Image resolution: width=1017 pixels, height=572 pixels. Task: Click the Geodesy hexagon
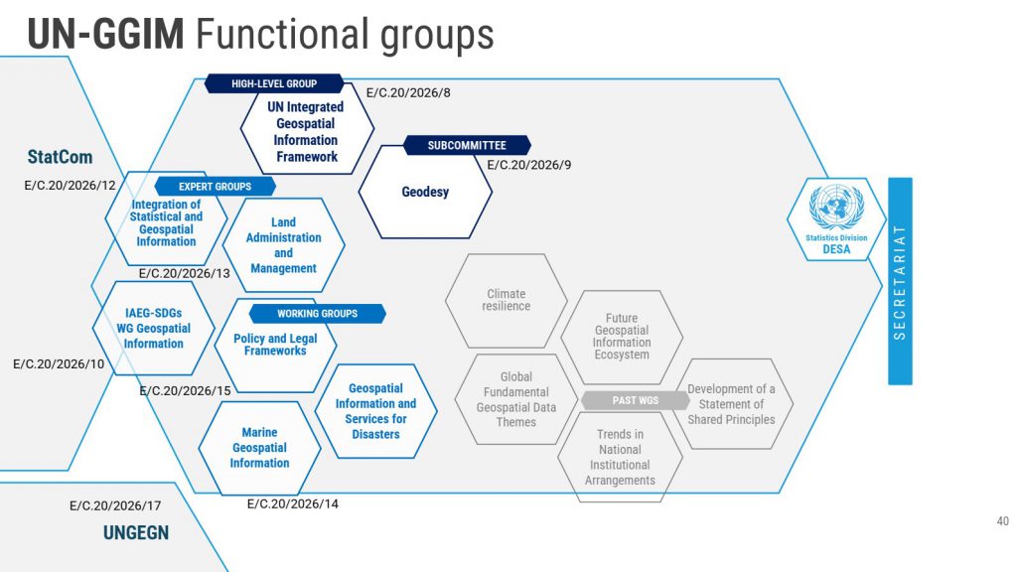coord(425,192)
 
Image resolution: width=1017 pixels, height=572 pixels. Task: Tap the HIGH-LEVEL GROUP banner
coord(274,84)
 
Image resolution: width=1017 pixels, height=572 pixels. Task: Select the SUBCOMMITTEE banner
coord(467,146)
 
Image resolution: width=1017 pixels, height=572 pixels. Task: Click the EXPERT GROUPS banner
coord(215,186)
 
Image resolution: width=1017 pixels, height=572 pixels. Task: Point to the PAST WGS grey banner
coord(636,400)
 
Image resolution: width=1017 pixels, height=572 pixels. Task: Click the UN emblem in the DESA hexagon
coord(835,208)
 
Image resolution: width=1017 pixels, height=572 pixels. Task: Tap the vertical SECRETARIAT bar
coord(900,282)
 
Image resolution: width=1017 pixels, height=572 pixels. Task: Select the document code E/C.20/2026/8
coord(408,93)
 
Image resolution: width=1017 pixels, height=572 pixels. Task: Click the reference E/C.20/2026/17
coord(115,505)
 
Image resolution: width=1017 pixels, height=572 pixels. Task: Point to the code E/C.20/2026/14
coord(293,503)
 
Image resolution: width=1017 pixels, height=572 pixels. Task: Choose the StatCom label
coord(60,157)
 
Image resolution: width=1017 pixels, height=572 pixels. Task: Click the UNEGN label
coord(136,533)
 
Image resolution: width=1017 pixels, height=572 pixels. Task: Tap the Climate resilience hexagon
coord(507,300)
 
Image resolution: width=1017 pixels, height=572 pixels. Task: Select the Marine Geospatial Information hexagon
coord(259,448)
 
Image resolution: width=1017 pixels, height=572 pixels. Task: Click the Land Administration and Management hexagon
coord(284,245)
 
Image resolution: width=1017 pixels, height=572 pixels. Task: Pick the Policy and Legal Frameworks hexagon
coord(275,345)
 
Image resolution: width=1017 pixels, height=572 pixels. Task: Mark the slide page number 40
coord(1001,522)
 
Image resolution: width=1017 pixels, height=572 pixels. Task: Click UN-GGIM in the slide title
coord(105,35)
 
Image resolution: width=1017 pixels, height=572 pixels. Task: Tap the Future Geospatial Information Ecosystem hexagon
coord(622,337)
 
